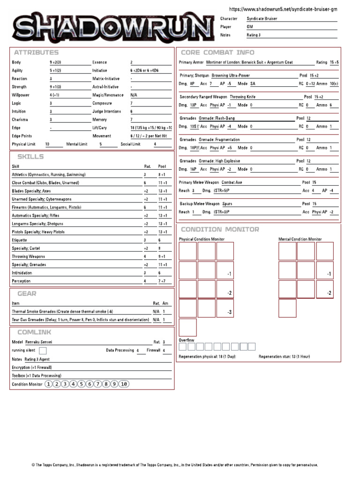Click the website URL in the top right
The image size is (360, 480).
coord(283,9)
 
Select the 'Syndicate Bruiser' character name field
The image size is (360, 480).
coord(262,18)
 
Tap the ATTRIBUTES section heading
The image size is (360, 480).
coord(36,52)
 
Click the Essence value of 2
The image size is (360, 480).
coord(132,62)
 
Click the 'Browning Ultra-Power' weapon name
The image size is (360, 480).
coord(231,75)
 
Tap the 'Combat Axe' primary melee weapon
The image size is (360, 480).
coord(232,182)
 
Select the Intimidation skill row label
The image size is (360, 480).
coord(22,273)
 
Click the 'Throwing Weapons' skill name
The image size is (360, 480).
coord(29,256)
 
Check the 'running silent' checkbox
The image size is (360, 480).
coord(43,351)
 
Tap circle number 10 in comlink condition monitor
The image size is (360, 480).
coord(124,384)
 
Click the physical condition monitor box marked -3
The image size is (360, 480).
coord(225,308)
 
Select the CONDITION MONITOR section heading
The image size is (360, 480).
coord(219,229)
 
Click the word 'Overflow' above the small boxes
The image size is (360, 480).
coord(186,340)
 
